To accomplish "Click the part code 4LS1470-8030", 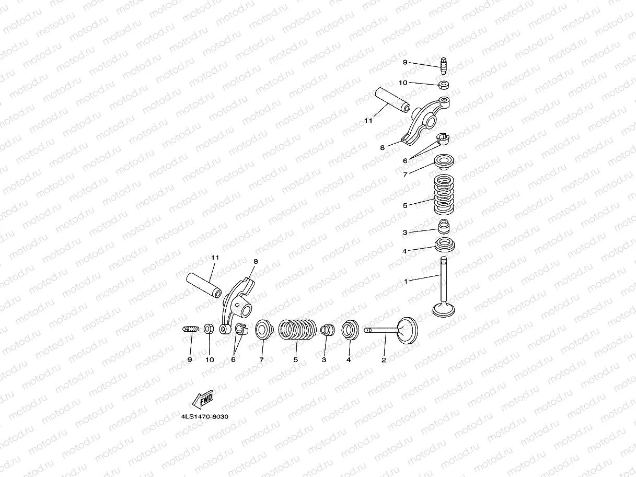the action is click(204, 416).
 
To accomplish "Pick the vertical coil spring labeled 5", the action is click(444, 194).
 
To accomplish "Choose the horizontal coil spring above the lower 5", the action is click(297, 330).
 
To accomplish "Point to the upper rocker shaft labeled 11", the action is click(392, 100).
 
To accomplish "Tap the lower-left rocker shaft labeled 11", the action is click(204, 285).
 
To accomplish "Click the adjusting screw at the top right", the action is click(444, 66).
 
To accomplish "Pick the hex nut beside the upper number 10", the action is click(444, 85).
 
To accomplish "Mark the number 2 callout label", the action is click(384, 360).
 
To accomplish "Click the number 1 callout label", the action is click(406, 281).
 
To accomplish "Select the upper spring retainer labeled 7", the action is click(444, 162).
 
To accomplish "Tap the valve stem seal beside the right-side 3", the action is click(444, 226).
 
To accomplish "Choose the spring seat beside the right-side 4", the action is click(445, 245).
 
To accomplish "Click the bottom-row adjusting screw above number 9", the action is click(191, 329).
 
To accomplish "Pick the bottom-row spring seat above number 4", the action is click(350, 330).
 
